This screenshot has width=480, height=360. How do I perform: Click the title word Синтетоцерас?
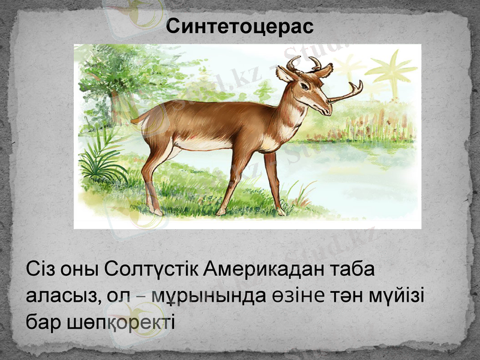(240, 27)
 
